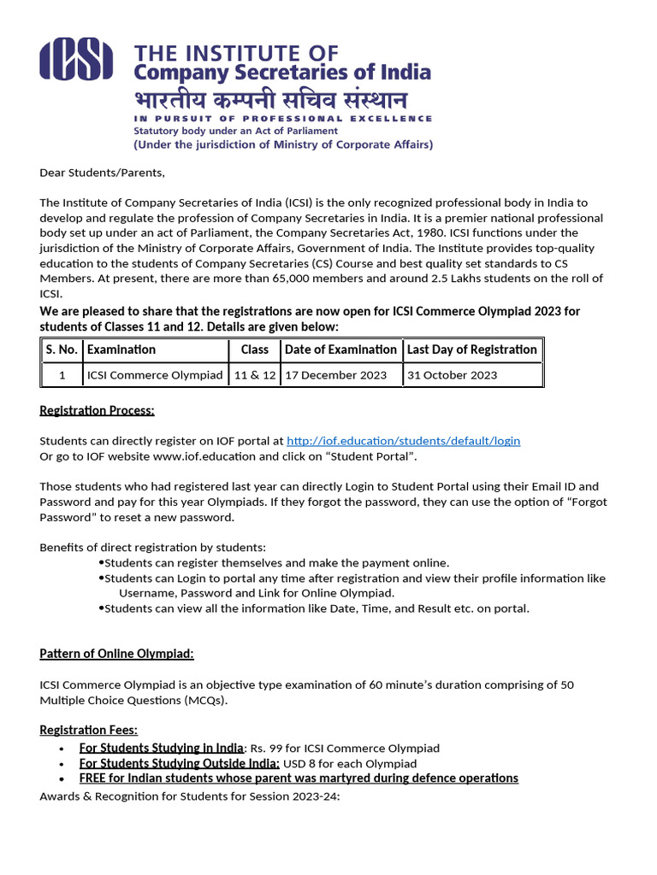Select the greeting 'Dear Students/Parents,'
(102, 173)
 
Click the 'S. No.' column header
(62, 349)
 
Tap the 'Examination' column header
(121, 349)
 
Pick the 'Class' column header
(254, 349)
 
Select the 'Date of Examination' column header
(340, 349)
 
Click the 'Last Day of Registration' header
(472, 349)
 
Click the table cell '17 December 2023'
(335, 375)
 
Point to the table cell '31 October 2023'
(452, 375)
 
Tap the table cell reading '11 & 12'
(255, 375)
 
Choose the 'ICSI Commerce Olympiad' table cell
(155, 375)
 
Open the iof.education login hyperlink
(403, 441)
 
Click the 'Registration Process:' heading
(97, 411)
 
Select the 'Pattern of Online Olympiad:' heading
(116, 654)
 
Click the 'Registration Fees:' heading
(89, 730)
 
